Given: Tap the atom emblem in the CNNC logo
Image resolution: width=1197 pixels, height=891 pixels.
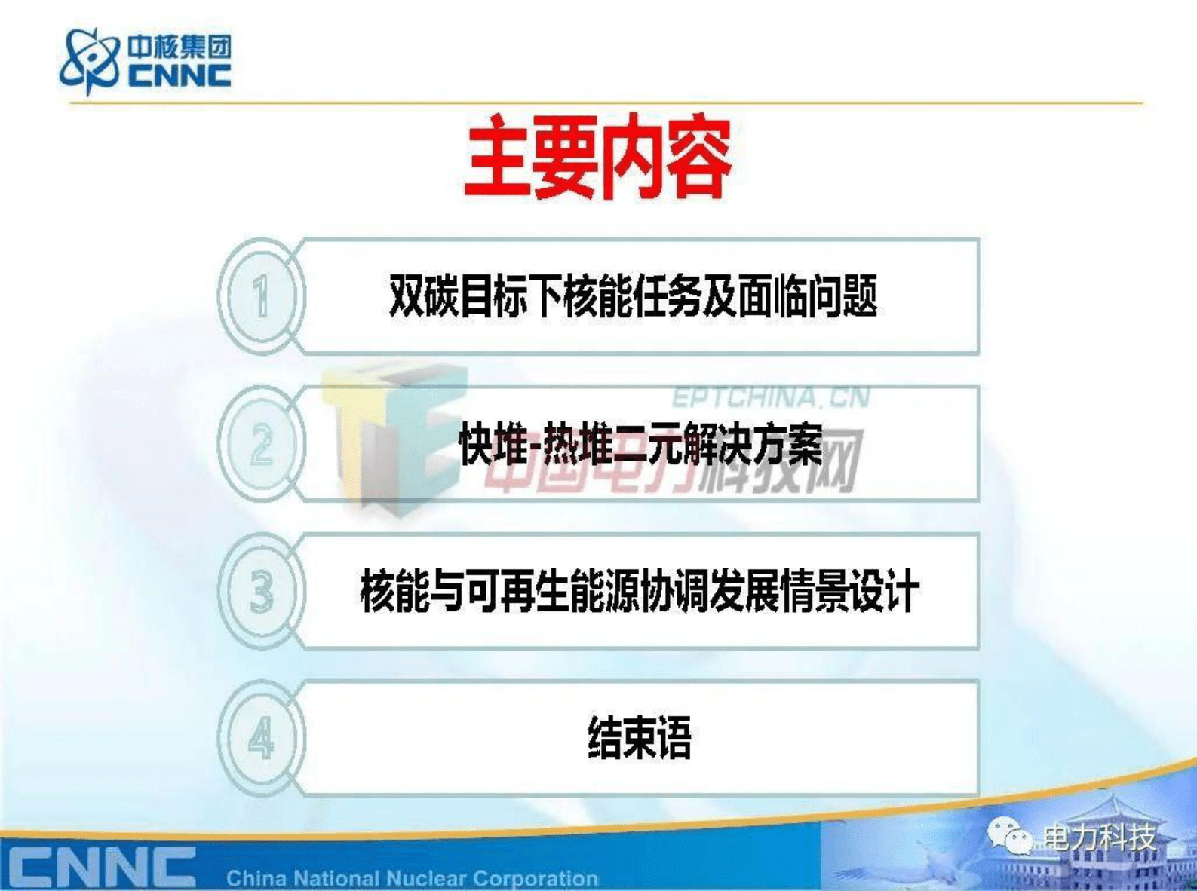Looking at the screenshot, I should tap(89, 60).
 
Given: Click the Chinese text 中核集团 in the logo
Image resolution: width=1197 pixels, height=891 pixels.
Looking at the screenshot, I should tap(179, 47).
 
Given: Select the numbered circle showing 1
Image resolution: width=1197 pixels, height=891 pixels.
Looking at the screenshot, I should tap(261, 296).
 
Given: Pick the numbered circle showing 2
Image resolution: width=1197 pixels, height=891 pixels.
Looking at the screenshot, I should tap(261, 444).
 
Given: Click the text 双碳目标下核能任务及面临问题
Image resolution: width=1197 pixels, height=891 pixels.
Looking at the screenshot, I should tap(633, 295).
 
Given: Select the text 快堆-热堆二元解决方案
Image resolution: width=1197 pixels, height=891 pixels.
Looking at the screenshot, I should tap(640, 445).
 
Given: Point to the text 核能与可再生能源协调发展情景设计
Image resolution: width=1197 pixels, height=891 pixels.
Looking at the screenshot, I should tap(640, 592).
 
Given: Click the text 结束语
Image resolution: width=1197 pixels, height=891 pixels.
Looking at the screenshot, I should tap(640, 738).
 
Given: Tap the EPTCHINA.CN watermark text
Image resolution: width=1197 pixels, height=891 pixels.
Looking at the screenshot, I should tap(771, 397).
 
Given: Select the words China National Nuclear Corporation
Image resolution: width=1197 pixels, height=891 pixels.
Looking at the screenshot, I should tap(412, 878).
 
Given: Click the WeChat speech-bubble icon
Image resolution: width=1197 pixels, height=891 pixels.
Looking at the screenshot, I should tap(1008, 836).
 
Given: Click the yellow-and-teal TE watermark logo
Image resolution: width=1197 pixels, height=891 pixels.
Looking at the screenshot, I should tap(392, 437).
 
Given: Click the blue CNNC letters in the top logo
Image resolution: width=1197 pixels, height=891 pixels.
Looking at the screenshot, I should tap(179, 75).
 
